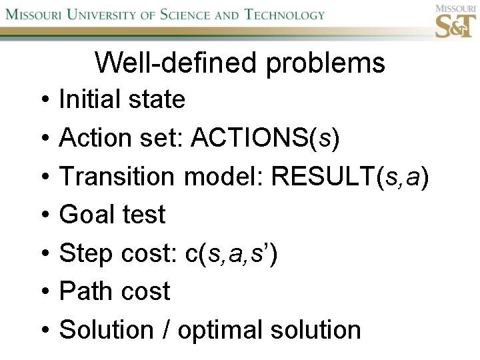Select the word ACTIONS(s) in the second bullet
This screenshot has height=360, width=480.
pyautogui.click(x=265, y=139)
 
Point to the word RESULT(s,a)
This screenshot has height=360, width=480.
pyautogui.click(x=351, y=177)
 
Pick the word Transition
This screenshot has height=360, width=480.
pyautogui.click(x=117, y=177)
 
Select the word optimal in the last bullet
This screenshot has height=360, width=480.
pyautogui.click(x=224, y=331)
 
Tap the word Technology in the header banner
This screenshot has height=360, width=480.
pyautogui.click(x=285, y=14)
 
